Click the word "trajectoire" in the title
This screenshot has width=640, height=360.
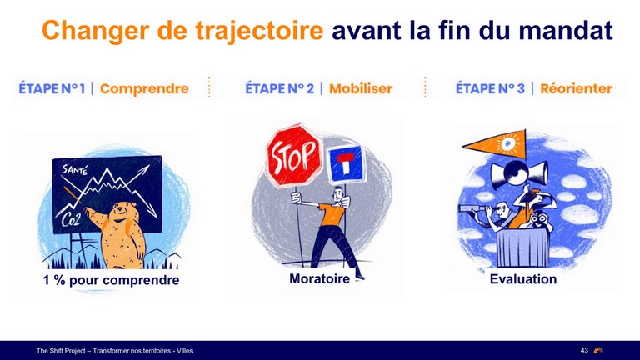pos(259,31)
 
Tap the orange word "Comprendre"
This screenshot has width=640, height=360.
pos(144,88)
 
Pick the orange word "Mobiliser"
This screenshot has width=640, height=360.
pos(361,88)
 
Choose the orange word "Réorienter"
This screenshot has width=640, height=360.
pos(577,88)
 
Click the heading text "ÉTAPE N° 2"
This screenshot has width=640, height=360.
pos(280,88)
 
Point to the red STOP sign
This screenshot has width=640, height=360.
pos(293,156)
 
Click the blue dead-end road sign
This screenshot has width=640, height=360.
pos(346,163)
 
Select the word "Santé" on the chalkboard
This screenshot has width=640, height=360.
pos(75,169)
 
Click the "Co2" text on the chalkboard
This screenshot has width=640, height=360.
pos(70,220)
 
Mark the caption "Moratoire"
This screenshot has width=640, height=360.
pos(320,279)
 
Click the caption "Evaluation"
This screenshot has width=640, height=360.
pos(523,279)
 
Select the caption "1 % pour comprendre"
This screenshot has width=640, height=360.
pos(112,280)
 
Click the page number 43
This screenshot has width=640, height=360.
pos(584,350)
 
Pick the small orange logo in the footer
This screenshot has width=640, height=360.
pos(598,350)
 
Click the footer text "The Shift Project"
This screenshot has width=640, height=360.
pos(61,351)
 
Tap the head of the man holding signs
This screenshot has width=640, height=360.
pos(337,195)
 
